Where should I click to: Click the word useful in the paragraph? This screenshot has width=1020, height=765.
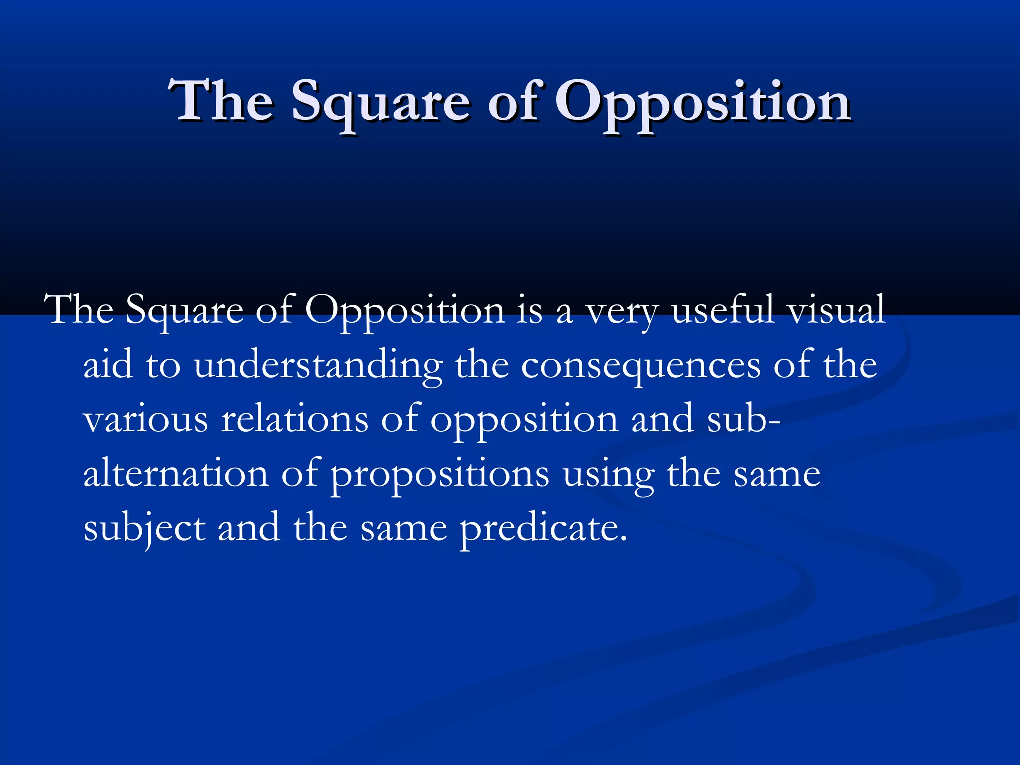723,310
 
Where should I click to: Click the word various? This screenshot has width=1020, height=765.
145,419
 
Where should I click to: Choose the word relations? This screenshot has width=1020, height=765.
294,419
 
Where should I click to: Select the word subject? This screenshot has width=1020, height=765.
144,529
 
